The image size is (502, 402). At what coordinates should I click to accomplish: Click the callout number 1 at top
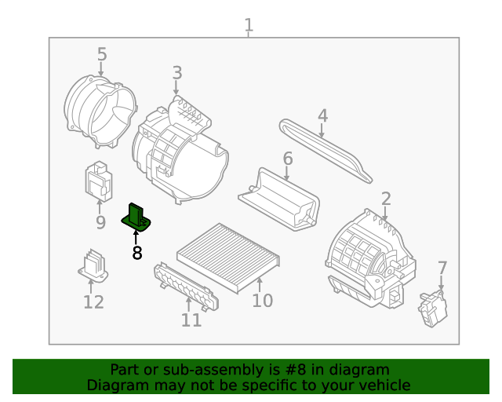(x=249, y=25)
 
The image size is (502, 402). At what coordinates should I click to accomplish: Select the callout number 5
(x=102, y=54)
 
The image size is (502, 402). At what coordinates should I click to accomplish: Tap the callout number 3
(x=177, y=73)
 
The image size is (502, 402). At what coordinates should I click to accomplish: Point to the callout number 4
(x=322, y=116)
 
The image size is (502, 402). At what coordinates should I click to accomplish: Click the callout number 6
(x=288, y=159)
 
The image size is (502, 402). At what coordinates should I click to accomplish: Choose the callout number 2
(x=386, y=198)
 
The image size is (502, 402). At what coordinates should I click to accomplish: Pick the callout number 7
(x=442, y=268)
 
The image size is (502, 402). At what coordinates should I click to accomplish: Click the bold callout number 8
(x=137, y=253)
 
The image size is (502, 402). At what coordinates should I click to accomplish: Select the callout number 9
(x=100, y=223)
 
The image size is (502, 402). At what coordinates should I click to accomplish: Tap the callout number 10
(x=262, y=301)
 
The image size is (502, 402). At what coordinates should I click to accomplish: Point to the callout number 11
(x=191, y=320)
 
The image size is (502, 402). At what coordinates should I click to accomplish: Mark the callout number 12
(x=93, y=302)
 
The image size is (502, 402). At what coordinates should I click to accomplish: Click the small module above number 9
(x=97, y=180)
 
